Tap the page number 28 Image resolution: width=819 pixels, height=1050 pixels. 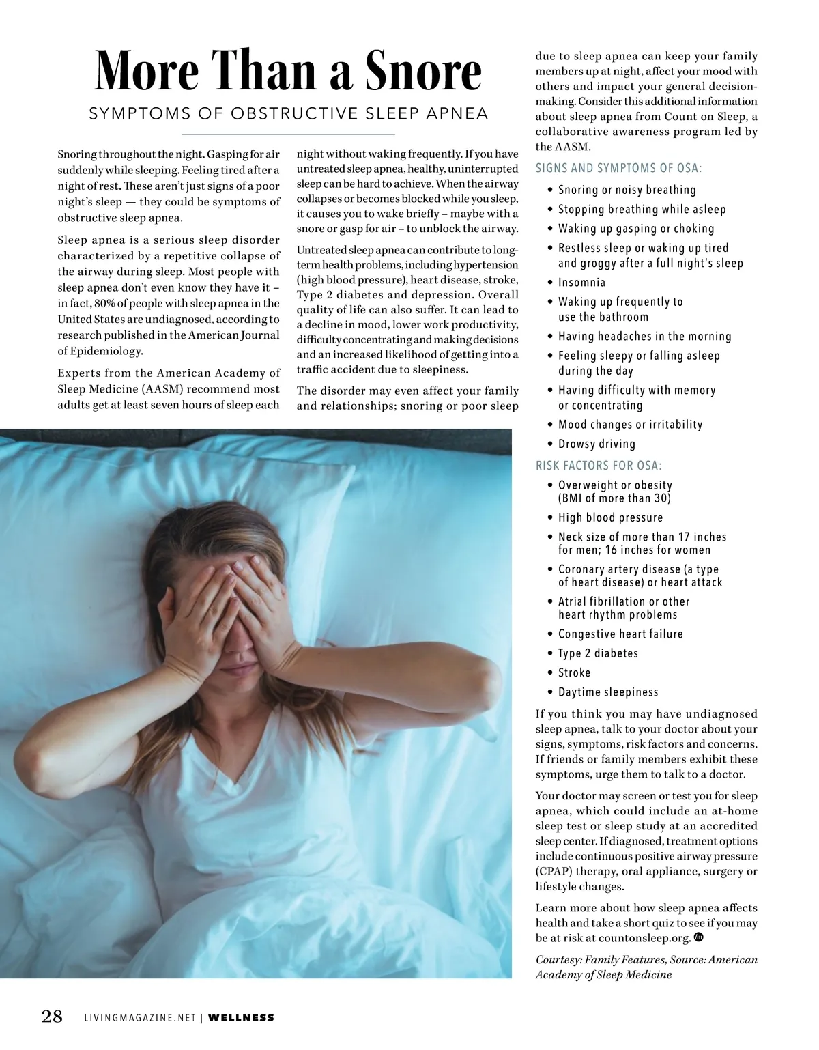pos(53,1017)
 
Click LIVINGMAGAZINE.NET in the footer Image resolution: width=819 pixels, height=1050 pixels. pos(140,1018)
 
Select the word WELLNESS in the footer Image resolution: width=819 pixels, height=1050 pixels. pos(241,1018)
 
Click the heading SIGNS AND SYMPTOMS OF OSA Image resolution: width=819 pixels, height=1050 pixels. pos(618,168)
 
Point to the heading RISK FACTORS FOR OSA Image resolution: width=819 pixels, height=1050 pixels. pos(599,466)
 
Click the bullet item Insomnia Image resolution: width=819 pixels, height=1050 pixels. pos(581,282)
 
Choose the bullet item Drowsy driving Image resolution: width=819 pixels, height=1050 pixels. pos(597,444)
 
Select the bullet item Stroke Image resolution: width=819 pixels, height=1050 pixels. pos(574,672)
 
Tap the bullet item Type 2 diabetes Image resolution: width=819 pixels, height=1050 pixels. pos(598,653)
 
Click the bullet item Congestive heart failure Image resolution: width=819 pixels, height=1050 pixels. pos(620,634)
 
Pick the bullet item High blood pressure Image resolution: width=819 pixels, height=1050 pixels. pos(610,517)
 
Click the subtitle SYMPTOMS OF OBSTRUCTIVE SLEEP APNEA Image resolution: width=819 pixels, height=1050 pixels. pos(289,113)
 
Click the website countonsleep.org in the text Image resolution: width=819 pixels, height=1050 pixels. pos(644,938)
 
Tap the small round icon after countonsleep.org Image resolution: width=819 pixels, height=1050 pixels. pos(698,937)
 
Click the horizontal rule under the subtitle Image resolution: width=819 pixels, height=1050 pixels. pos(288,134)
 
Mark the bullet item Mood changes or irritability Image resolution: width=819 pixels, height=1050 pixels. pos(630,425)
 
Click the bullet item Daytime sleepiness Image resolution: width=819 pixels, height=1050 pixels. pos(608,692)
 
